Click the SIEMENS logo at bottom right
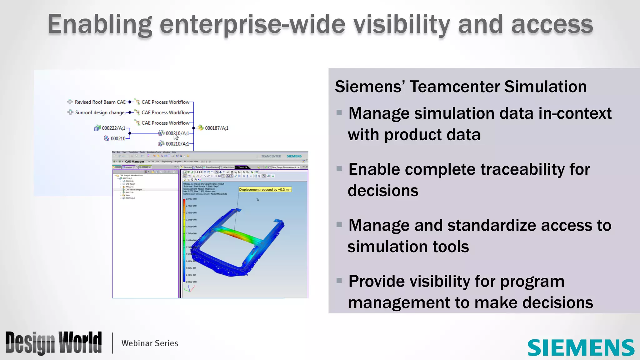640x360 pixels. (581, 347)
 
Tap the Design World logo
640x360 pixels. (53, 343)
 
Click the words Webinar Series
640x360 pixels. (150, 343)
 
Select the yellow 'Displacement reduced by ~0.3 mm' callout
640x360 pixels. (265, 189)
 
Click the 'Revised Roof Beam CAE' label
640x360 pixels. (100, 102)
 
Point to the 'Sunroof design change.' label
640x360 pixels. (100, 112)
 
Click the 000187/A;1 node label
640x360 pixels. (216, 128)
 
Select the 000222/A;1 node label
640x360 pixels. (113, 128)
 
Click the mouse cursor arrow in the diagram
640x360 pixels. (176, 136)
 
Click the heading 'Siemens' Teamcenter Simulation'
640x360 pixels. (461, 87)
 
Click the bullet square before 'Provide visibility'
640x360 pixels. (339, 280)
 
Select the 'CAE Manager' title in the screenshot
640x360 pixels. (134, 162)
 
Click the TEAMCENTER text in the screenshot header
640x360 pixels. (271, 156)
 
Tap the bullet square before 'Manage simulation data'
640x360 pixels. (339, 112)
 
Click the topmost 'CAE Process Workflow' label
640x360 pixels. (165, 102)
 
